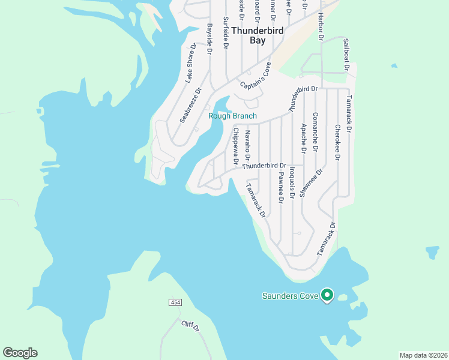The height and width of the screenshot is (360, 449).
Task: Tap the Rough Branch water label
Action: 232,116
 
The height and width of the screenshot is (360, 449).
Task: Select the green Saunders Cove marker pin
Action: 327,295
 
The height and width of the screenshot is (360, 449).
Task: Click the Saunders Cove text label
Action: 289,295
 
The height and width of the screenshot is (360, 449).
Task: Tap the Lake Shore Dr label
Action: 191,63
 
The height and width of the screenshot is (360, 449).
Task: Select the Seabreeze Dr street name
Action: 191,106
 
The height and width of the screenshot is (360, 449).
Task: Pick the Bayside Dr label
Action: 210,40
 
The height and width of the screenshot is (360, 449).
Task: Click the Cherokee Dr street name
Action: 338,142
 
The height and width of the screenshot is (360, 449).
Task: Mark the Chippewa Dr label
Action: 236,146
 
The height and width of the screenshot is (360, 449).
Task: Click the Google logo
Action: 20,353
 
